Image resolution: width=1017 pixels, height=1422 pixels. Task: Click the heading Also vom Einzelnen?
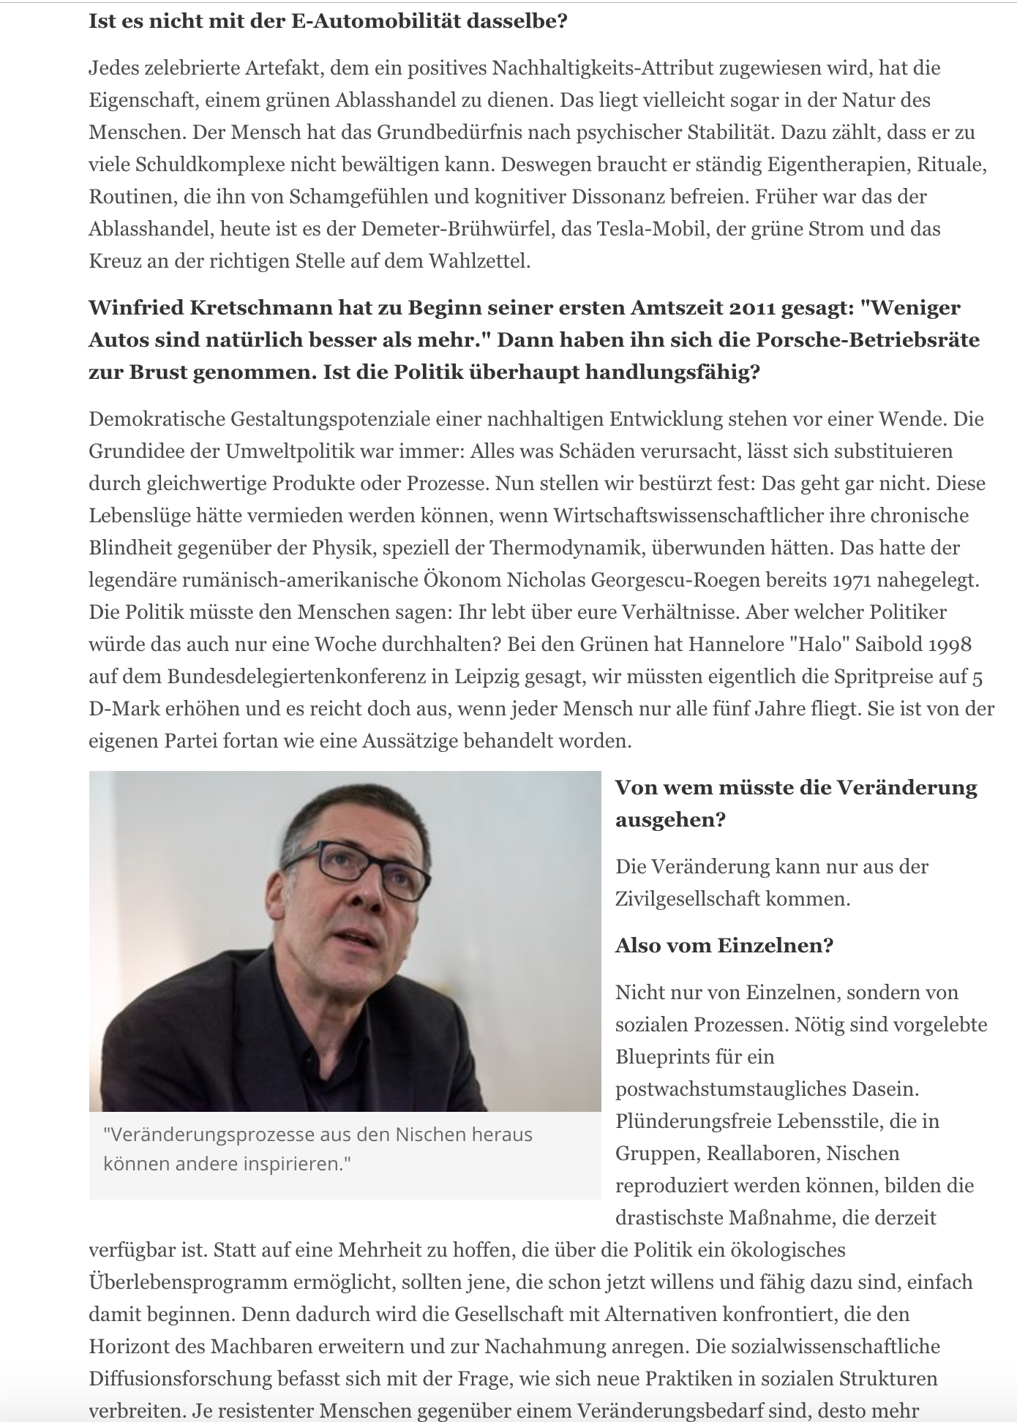[x=724, y=946]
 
